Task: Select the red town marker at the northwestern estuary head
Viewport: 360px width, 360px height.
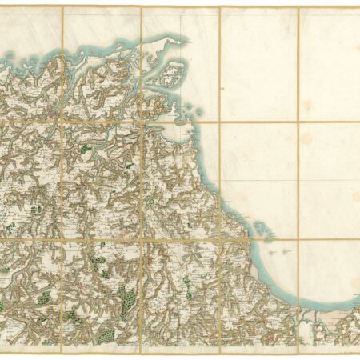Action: [54, 114]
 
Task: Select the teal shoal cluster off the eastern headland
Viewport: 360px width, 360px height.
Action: [260, 228]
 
